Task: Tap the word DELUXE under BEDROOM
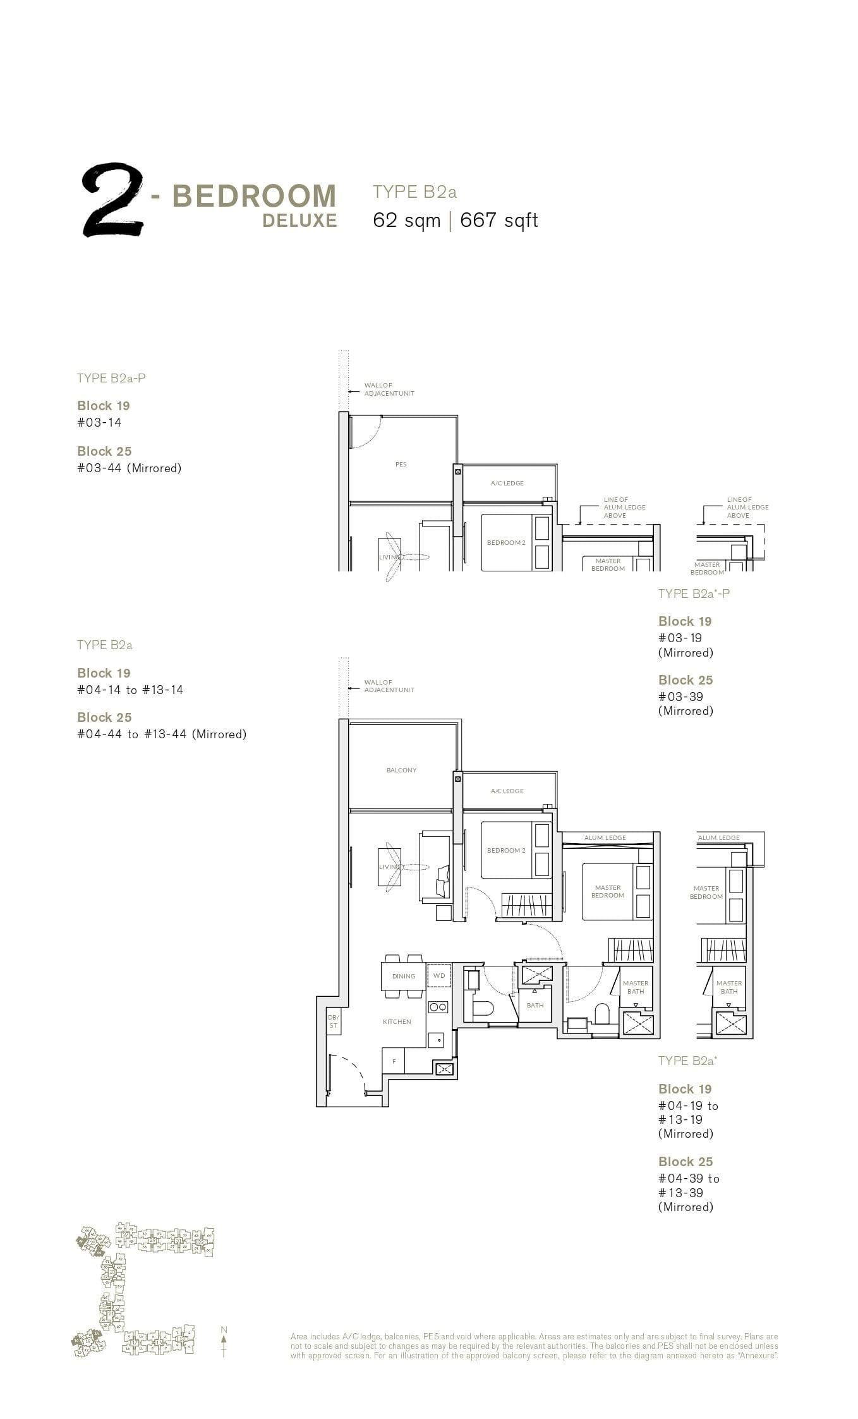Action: click(x=299, y=221)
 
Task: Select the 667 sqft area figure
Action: click(x=499, y=220)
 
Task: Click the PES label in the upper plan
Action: click(x=401, y=464)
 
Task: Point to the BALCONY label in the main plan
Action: click(x=402, y=770)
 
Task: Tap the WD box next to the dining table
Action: click(x=439, y=975)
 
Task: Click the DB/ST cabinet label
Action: click(x=333, y=1021)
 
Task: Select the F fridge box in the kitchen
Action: click(x=394, y=1061)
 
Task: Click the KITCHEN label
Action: click(x=397, y=1021)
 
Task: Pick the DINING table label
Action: click(x=404, y=976)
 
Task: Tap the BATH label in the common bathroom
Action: click(x=535, y=1005)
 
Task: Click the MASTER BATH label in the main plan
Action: click(x=636, y=987)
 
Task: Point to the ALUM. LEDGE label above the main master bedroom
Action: click(x=605, y=837)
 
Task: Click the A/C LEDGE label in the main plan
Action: click(x=507, y=791)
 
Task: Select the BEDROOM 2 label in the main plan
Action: click(x=506, y=850)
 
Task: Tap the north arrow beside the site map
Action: click(x=224, y=1343)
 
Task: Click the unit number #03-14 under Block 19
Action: click(x=99, y=422)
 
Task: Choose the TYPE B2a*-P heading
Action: click(x=694, y=594)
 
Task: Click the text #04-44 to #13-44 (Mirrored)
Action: click(x=162, y=734)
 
